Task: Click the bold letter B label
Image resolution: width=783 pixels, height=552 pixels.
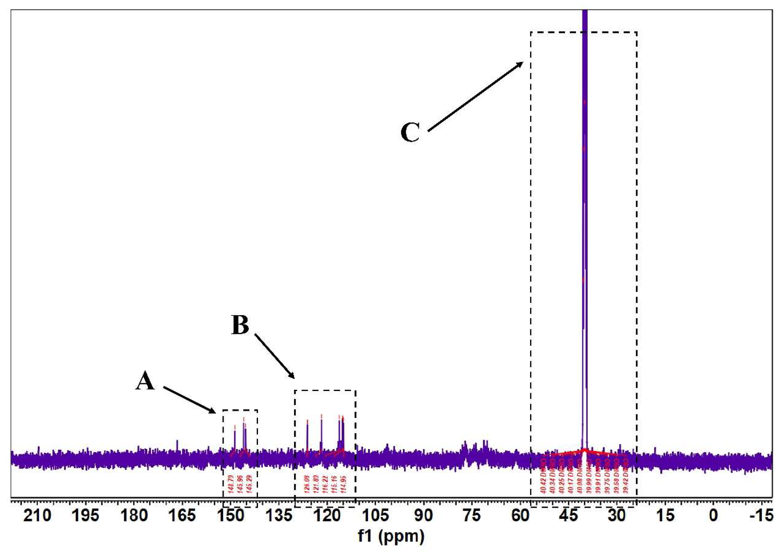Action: point(240,325)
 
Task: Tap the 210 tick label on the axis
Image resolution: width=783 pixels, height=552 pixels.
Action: point(37,516)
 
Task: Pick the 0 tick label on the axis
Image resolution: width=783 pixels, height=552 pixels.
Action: point(713,516)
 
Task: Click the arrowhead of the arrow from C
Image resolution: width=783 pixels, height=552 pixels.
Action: point(521,63)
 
